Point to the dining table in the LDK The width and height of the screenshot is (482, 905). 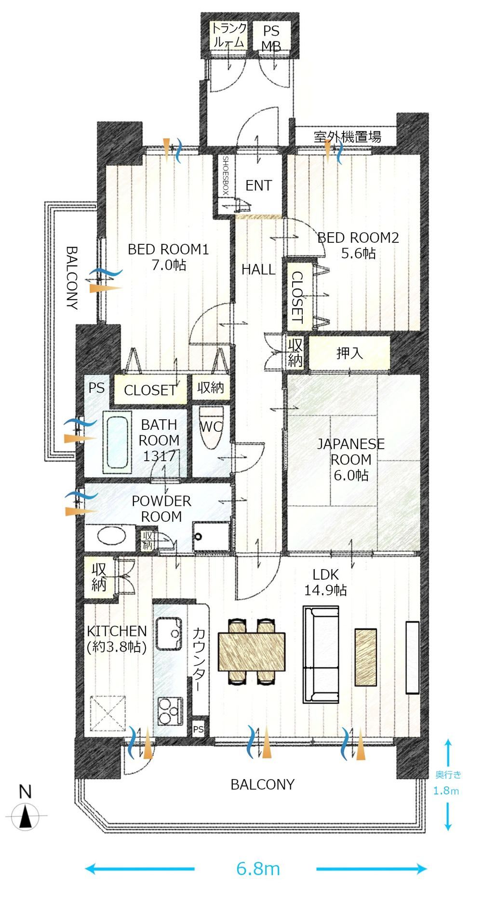252,651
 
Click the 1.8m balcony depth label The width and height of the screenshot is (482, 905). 446,790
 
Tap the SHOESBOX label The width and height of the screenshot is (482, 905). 225,175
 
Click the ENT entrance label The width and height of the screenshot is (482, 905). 258,186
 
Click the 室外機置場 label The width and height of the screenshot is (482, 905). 348,136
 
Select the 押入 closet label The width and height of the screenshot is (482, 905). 349,353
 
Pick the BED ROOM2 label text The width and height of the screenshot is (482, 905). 358,238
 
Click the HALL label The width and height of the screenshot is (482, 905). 258,269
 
